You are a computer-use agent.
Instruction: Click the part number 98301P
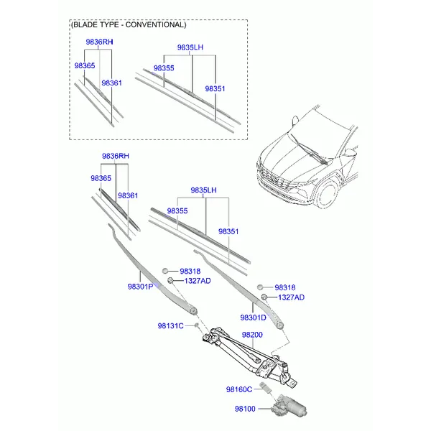click(140, 287)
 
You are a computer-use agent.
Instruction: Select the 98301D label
click(253, 318)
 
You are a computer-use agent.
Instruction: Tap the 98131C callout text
click(170, 325)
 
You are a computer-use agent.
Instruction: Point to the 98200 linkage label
click(252, 335)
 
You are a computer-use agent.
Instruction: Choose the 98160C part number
click(239, 389)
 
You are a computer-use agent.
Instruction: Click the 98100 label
click(245, 409)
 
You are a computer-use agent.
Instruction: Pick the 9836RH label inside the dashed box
click(99, 42)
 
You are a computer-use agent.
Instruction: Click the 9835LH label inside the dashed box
click(190, 47)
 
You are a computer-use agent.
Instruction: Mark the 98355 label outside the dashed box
click(177, 210)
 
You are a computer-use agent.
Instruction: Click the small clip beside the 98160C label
click(264, 387)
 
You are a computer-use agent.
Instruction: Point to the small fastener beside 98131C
click(197, 325)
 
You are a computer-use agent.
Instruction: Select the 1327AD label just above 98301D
click(291, 297)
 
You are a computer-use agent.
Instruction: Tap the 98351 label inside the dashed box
click(215, 89)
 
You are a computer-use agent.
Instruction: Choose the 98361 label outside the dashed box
click(128, 195)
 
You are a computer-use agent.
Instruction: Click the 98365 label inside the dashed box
click(85, 65)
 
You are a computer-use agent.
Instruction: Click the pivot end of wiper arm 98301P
click(193, 311)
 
